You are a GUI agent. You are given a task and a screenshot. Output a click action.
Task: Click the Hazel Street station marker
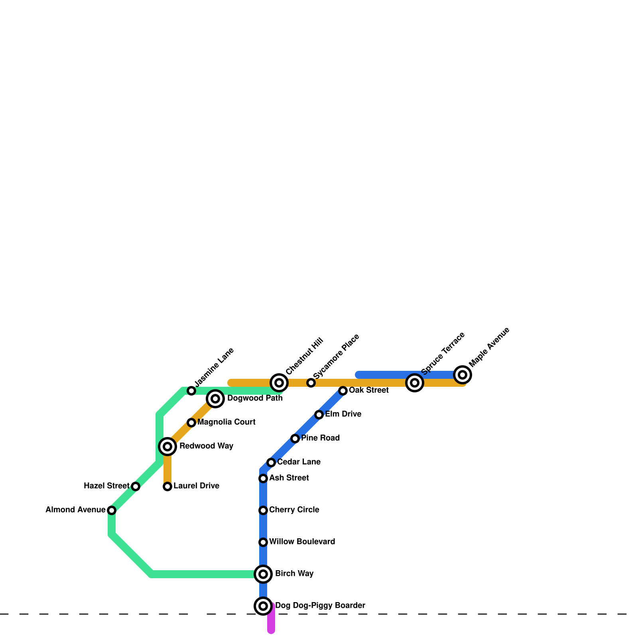(x=136, y=486)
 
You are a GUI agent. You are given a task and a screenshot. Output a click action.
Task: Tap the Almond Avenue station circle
(x=112, y=510)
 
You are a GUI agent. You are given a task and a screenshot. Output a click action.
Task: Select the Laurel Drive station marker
(x=167, y=486)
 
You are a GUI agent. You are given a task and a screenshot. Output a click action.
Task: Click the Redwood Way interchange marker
(x=167, y=447)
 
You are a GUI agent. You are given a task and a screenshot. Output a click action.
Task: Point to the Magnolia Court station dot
(x=191, y=423)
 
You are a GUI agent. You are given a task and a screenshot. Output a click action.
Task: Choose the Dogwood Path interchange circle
(x=215, y=399)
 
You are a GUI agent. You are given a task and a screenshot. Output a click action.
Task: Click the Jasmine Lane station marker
(x=191, y=391)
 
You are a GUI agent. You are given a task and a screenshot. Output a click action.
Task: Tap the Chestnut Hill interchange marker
(x=279, y=383)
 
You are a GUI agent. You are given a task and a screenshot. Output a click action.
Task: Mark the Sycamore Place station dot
(x=311, y=383)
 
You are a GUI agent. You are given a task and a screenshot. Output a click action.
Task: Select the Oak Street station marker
(x=343, y=391)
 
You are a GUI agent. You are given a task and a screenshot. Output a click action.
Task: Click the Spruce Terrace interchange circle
(x=415, y=383)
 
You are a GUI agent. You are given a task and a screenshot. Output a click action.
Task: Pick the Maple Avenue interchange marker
(x=463, y=375)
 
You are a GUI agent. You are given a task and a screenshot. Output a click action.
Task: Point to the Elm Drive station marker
(x=319, y=415)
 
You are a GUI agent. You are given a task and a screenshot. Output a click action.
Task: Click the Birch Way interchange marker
(x=263, y=574)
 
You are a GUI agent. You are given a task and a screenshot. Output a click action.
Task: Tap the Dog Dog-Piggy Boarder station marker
(x=263, y=606)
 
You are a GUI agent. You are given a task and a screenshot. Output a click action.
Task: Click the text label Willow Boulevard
(x=302, y=542)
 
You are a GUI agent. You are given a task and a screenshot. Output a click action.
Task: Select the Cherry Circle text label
(x=294, y=510)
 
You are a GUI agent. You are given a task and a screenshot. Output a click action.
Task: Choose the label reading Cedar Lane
(x=299, y=462)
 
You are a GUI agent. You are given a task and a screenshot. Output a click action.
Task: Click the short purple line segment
(x=271, y=622)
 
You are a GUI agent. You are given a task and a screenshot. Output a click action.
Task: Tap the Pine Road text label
(x=320, y=438)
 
